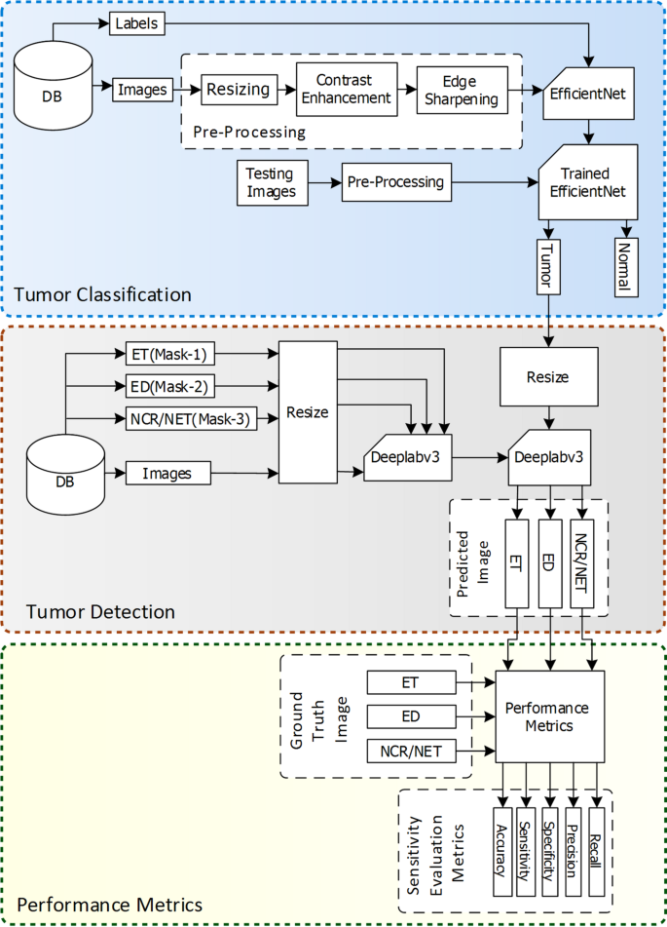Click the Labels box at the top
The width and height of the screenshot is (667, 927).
click(x=136, y=22)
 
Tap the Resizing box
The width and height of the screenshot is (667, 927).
click(x=237, y=91)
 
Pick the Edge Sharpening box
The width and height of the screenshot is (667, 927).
click(x=461, y=91)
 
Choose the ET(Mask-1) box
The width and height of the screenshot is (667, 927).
click(x=171, y=353)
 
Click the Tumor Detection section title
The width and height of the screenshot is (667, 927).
click(x=101, y=612)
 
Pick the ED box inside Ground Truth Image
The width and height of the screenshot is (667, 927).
click(x=410, y=717)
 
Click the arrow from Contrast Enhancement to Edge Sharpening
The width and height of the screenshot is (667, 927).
click(x=406, y=90)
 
